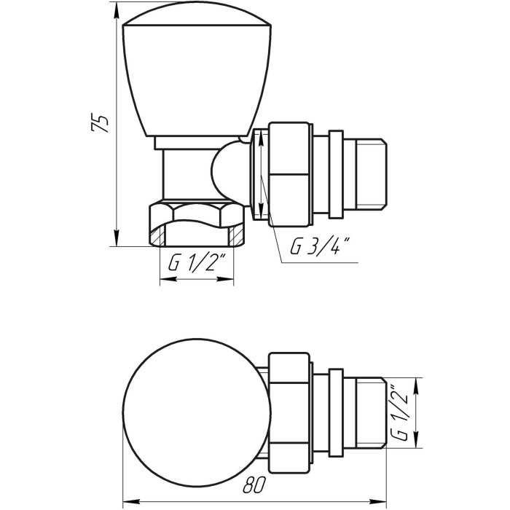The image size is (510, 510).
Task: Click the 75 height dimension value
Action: click(99, 122)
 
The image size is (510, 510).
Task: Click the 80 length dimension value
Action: click(255, 485)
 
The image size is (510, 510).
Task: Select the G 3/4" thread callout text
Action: click(320, 246)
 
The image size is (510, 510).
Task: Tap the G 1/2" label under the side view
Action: click(197, 264)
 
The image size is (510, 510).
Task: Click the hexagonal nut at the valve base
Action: click(197, 224)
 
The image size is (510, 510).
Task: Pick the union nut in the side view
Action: click(289, 174)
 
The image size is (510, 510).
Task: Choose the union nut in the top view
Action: click(289, 413)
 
